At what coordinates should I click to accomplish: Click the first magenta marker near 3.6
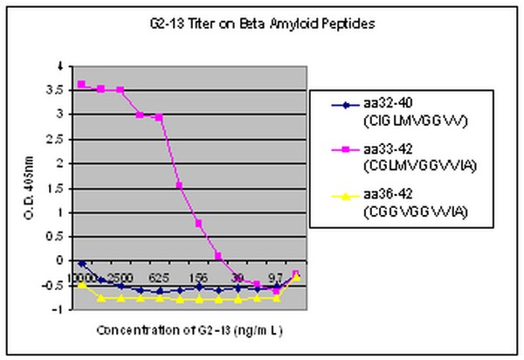82,84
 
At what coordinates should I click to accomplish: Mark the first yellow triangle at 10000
82,285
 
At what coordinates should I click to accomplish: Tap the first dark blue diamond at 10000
82,263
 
